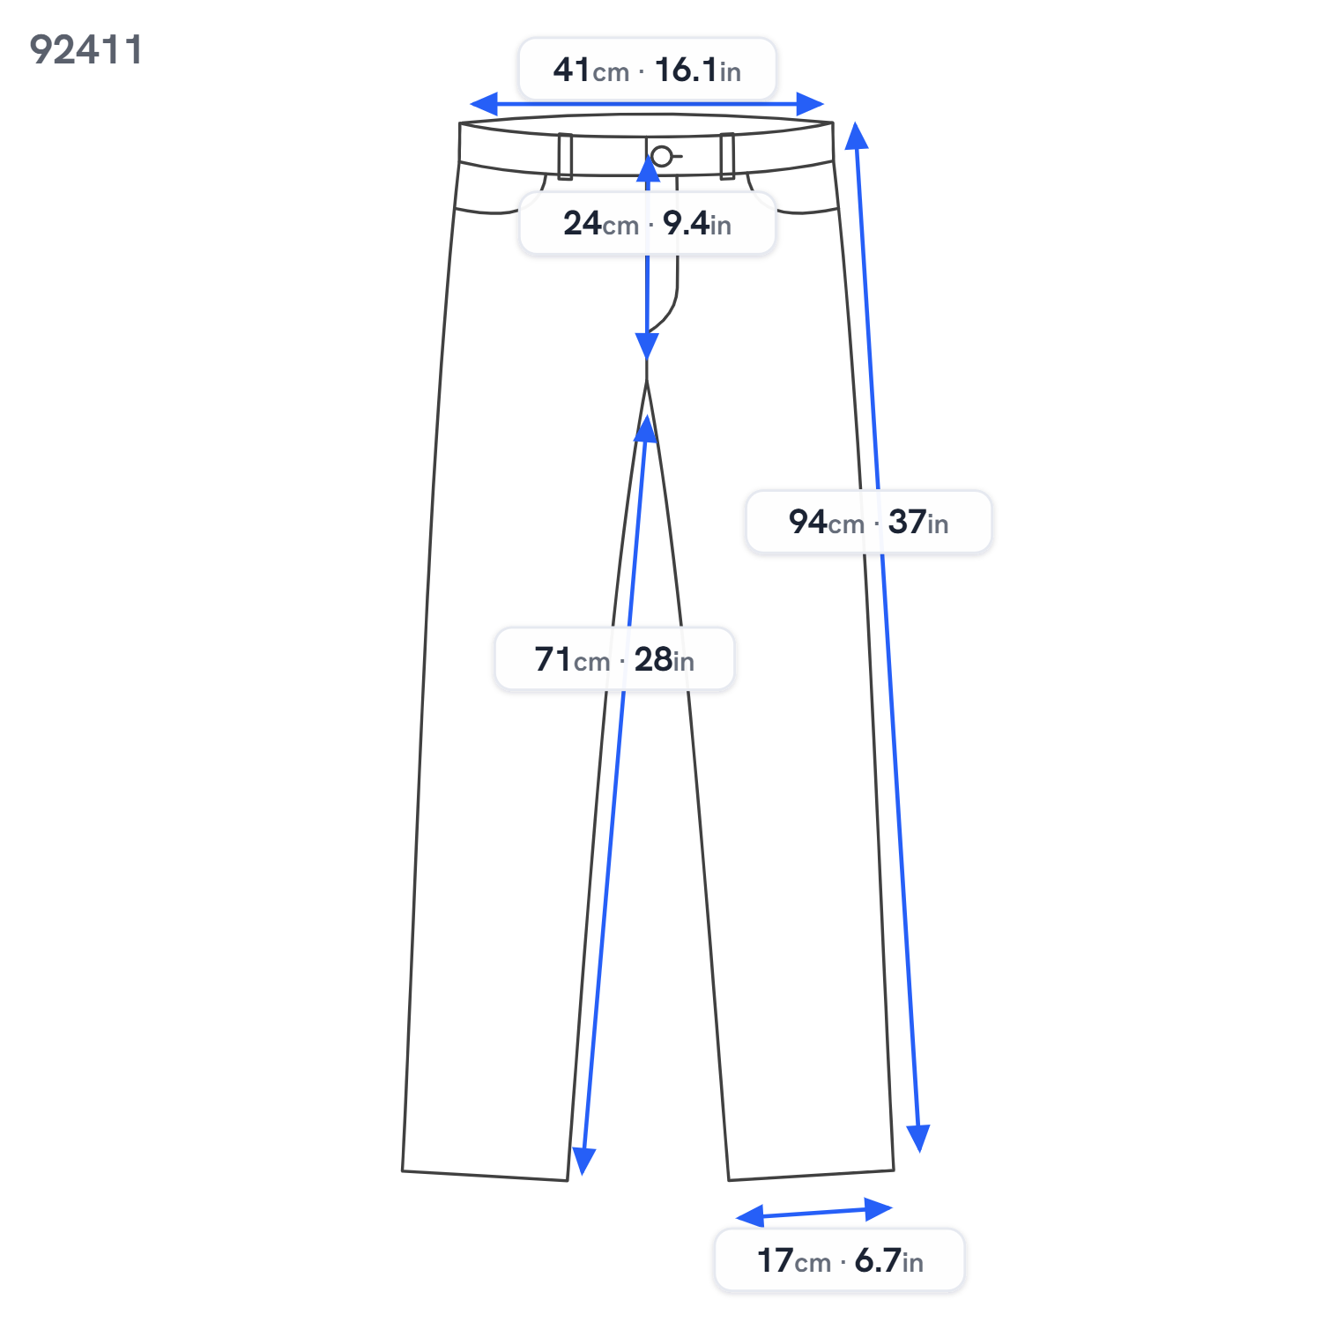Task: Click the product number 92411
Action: point(85,50)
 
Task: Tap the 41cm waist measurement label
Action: point(647,70)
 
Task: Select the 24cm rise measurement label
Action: point(647,224)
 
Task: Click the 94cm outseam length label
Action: point(869,522)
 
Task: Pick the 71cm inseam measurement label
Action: point(614,659)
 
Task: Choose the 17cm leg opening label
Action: point(840,1260)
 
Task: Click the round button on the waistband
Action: point(661,157)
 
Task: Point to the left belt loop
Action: point(565,156)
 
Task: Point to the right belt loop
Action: point(727,156)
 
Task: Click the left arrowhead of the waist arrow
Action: point(484,104)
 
